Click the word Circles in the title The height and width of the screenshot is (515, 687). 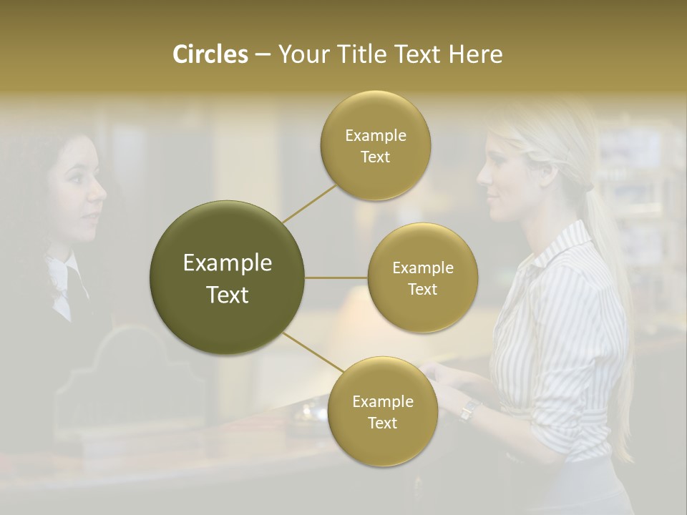tap(210, 54)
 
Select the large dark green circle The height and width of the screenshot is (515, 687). tap(228, 278)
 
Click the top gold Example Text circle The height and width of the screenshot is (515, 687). tap(375, 145)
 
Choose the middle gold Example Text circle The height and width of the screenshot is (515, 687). tap(422, 278)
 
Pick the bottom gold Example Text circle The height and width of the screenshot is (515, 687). tap(382, 411)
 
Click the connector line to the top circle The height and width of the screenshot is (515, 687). tap(309, 203)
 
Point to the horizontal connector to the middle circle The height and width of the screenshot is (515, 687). tap(336, 278)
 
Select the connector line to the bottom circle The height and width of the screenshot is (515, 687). tap(313, 354)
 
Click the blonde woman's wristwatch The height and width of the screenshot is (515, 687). tap(469, 410)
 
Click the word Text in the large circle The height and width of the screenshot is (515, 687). tap(228, 295)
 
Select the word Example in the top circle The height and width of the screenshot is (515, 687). tap(375, 136)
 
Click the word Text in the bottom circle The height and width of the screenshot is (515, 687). tap(382, 423)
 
